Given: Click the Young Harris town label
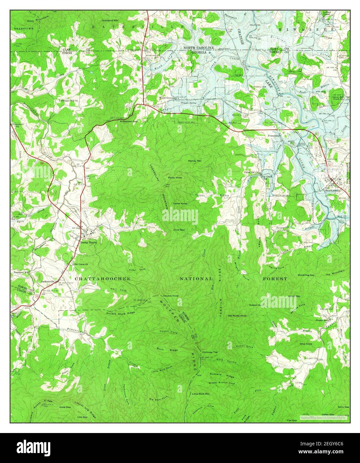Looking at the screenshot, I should click(x=88, y=243).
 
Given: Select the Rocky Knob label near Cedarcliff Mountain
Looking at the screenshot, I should click(x=175, y=178).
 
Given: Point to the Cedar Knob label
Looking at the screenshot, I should click(x=180, y=203).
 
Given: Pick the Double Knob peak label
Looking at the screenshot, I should click(x=171, y=296).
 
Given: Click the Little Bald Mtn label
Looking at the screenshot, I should click(x=201, y=394).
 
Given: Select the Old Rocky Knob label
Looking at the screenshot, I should click(x=237, y=315).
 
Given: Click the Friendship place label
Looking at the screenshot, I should click(x=274, y=136).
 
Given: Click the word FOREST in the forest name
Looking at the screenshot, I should click(x=275, y=278).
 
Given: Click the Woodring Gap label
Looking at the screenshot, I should click(x=306, y=275).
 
